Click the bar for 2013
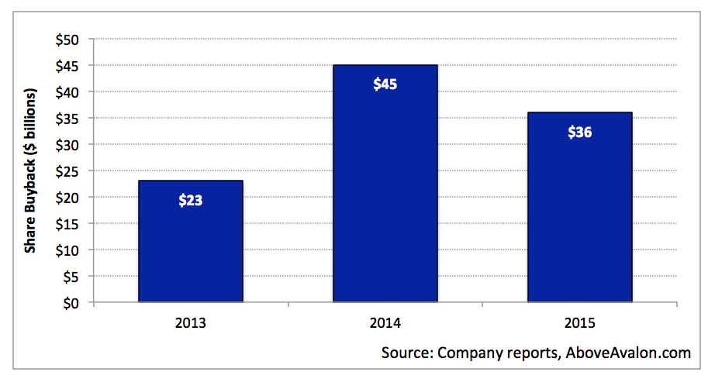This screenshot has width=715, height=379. pos(191,241)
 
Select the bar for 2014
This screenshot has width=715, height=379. pos(385,183)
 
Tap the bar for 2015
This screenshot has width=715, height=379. pos(580,207)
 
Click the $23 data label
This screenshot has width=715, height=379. pos(191,200)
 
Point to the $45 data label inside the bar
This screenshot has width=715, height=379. pos(385,84)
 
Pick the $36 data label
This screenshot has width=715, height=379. pos(580,132)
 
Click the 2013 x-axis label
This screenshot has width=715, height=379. pos(191,323)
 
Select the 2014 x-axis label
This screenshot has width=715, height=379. pos(385,323)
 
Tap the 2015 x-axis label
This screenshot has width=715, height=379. pos(580,323)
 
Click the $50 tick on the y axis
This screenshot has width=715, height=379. pos(67,40)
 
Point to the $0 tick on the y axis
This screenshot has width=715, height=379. pos(71,303)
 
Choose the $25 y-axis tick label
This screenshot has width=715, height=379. pos(67,172)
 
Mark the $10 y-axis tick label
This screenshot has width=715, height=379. pos(67,250)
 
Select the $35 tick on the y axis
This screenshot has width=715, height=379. pos(67,119)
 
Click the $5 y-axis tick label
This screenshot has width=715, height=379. pos(71,277)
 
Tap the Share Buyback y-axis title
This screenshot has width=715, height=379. pos(30,171)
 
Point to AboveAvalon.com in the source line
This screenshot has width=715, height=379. pos(628,353)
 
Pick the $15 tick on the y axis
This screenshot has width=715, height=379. pos(67,224)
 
